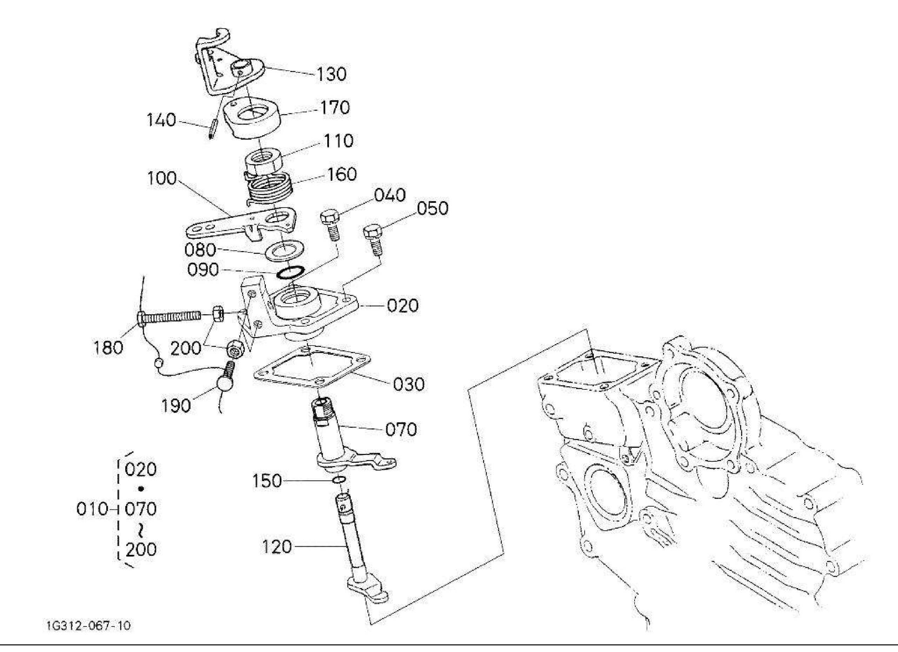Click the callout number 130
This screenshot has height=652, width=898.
point(331,74)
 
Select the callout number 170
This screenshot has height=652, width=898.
point(335,107)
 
